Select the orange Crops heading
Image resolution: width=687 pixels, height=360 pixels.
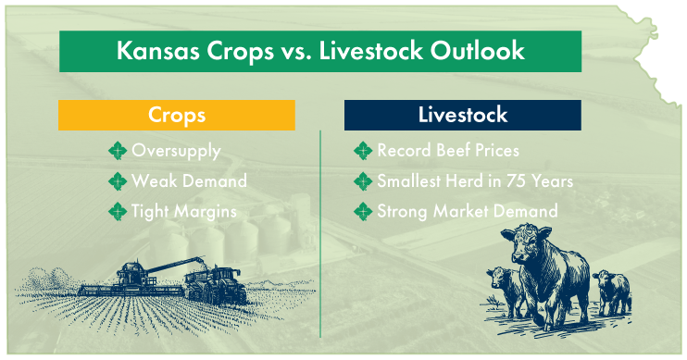coord(176,115)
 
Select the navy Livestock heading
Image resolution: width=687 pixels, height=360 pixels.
coord(462,115)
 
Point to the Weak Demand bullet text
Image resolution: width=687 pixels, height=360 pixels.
coord(189,181)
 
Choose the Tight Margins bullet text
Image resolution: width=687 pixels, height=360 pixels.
coord(184,212)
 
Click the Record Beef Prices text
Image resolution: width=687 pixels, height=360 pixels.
coord(448,151)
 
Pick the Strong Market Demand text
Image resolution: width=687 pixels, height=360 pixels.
coord(468,212)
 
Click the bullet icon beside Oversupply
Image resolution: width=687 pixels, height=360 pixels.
coord(118,151)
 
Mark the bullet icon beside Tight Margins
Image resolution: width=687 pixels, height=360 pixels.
coord(118,212)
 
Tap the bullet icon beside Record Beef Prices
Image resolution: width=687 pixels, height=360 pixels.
coord(363,151)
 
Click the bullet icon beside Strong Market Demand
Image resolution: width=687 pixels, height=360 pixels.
coord(363,212)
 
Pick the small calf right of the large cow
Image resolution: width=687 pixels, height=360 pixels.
coord(610,292)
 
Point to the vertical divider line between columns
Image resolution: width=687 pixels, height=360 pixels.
coord(321,231)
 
